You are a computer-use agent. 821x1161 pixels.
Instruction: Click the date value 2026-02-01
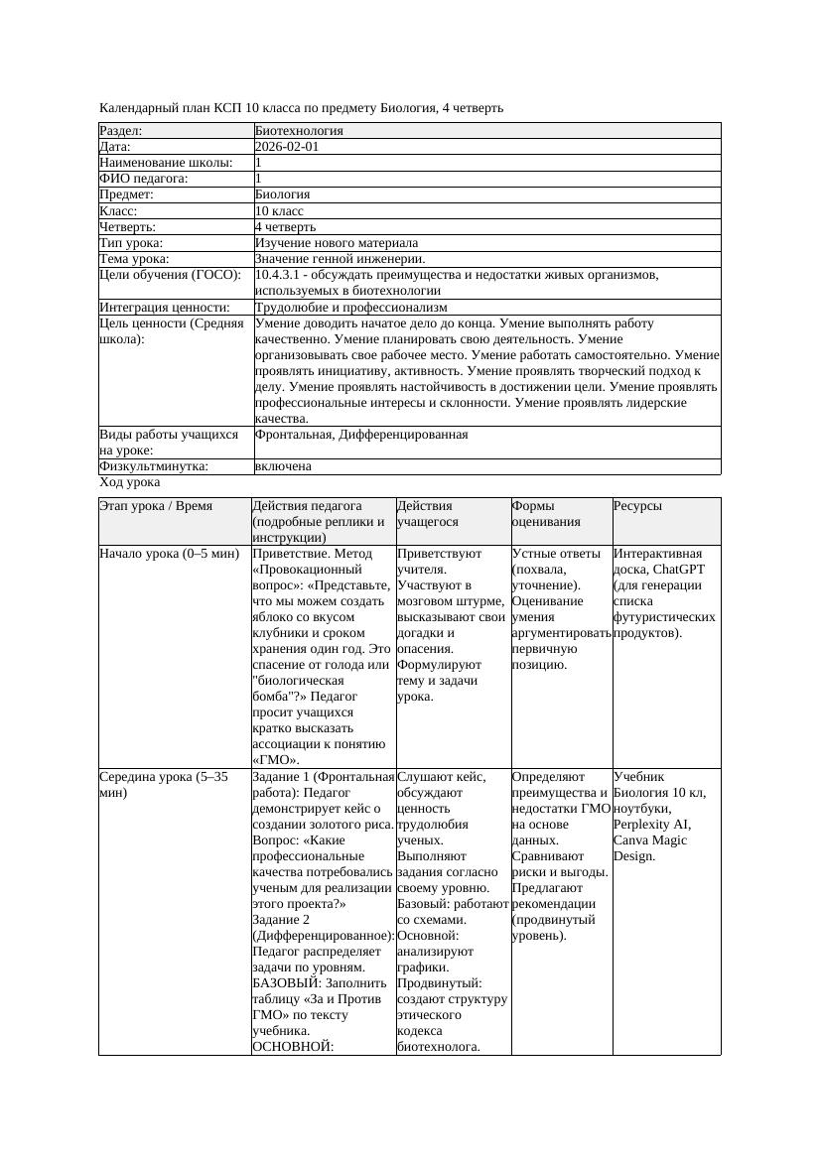click(x=287, y=147)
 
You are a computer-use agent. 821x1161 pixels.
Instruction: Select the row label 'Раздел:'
click(x=121, y=131)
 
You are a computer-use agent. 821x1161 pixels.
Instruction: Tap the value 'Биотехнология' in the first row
click(x=299, y=131)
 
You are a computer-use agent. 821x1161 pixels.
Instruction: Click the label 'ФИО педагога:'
click(x=144, y=179)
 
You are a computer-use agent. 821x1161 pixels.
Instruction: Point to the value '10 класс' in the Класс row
click(x=279, y=211)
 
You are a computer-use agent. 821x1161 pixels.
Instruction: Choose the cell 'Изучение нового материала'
click(x=337, y=243)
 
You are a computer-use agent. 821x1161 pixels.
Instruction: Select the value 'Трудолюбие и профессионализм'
click(x=350, y=308)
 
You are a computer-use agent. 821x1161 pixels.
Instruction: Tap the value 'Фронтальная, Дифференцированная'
click(x=361, y=435)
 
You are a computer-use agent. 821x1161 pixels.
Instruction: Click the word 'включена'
click(x=283, y=466)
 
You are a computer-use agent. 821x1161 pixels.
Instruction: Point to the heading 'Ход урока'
click(x=130, y=482)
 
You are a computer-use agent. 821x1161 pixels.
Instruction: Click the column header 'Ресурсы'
click(x=637, y=506)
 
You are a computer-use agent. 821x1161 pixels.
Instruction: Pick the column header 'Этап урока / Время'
click(x=156, y=506)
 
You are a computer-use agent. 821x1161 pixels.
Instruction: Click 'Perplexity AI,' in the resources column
click(x=652, y=824)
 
